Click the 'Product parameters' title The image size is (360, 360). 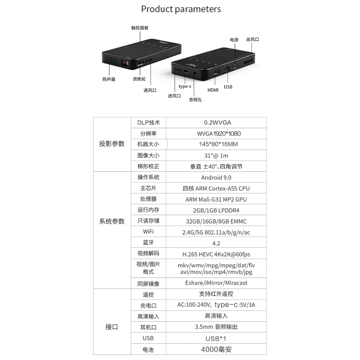pos(181,9)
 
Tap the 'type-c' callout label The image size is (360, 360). pos(185,86)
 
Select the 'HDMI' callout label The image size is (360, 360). pos(213,90)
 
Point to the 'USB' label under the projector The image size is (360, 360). pos(228,87)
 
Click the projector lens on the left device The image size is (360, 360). pos(126,63)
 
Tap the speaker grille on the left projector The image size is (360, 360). pos(111,60)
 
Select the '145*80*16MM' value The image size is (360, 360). pos(219,144)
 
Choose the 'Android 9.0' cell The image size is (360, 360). pos(216,177)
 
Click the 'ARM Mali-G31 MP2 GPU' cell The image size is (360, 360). pos(216,199)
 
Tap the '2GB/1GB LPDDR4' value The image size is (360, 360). pos(216,210)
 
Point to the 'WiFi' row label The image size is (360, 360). pos(148,231)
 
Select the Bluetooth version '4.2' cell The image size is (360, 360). pos(216,243)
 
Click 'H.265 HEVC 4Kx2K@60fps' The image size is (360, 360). pos(216,255)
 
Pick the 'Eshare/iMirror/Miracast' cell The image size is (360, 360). pos(216,283)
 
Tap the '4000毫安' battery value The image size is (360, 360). pos(216,350)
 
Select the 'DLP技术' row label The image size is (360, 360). pos(148,123)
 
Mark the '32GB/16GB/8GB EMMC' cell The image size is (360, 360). pos(216,221)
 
